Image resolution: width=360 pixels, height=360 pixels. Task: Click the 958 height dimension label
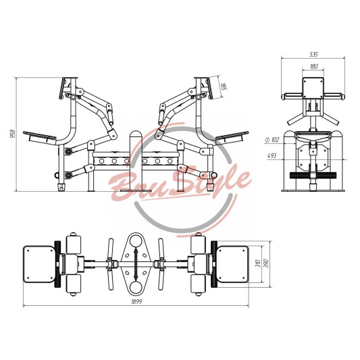click(x=14, y=133)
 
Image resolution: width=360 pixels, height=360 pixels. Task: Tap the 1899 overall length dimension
click(x=136, y=301)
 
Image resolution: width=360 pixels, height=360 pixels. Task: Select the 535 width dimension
click(x=313, y=55)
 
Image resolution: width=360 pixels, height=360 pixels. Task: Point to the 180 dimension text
click(x=313, y=67)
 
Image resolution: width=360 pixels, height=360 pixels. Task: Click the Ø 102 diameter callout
click(x=272, y=139)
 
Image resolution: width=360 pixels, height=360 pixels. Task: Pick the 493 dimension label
click(x=272, y=156)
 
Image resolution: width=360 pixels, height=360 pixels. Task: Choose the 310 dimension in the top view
click(x=258, y=263)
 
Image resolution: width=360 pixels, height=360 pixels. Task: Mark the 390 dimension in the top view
click(x=266, y=263)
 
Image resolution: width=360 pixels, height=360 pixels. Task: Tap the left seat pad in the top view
click(x=39, y=264)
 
